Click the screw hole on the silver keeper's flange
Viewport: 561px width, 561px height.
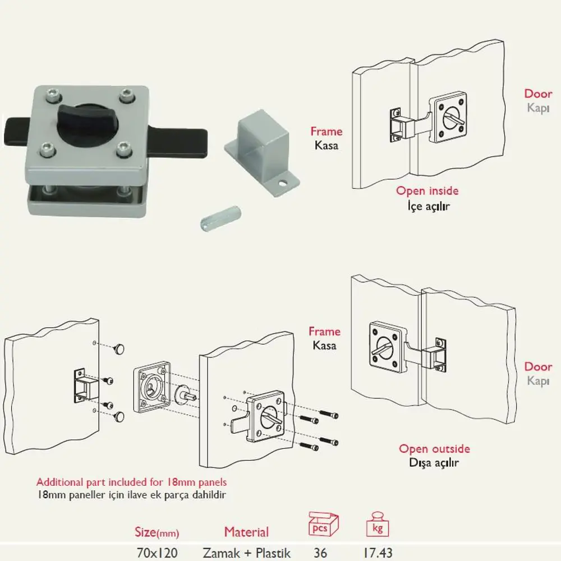[283, 184]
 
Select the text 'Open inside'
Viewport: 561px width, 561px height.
[427, 191]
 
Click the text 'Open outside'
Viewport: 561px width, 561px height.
[434, 449]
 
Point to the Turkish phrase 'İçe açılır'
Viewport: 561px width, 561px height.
[428, 206]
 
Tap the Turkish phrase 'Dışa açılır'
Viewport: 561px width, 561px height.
[434, 463]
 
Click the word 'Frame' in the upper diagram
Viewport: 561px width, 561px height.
[327, 132]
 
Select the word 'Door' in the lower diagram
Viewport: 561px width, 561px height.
[538, 367]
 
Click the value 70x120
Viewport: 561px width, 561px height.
[157, 553]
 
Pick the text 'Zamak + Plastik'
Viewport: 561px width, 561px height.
[246, 553]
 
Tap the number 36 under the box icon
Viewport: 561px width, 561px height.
[320, 553]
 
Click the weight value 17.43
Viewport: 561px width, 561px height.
[378, 553]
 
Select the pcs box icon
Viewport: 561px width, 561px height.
[324, 525]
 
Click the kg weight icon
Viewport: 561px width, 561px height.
[378, 525]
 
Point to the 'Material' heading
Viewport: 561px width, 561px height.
[246, 532]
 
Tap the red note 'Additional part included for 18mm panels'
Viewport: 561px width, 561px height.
[132, 482]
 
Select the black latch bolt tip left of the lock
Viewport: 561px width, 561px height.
[15, 132]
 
